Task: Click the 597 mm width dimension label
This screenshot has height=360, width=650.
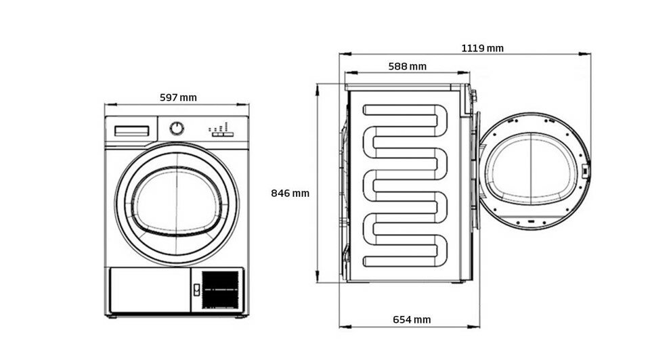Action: [x=178, y=97]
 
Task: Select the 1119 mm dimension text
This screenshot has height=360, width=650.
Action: [x=482, y=48]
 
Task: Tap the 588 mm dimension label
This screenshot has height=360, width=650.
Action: [x=407, y=66]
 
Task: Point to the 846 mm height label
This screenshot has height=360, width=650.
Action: [x=290, y=193]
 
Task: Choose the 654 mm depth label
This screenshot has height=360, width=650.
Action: [x=412, y=319]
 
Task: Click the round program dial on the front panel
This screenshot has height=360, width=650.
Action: [x=177, y=128]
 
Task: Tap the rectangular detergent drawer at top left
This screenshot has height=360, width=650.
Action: [x=132, y=131]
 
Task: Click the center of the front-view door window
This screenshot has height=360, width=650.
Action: [x=177, y=203]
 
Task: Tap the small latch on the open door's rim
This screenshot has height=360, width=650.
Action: [x=584, y=171]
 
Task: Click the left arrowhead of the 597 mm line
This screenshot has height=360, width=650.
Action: [x=107, y=105]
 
